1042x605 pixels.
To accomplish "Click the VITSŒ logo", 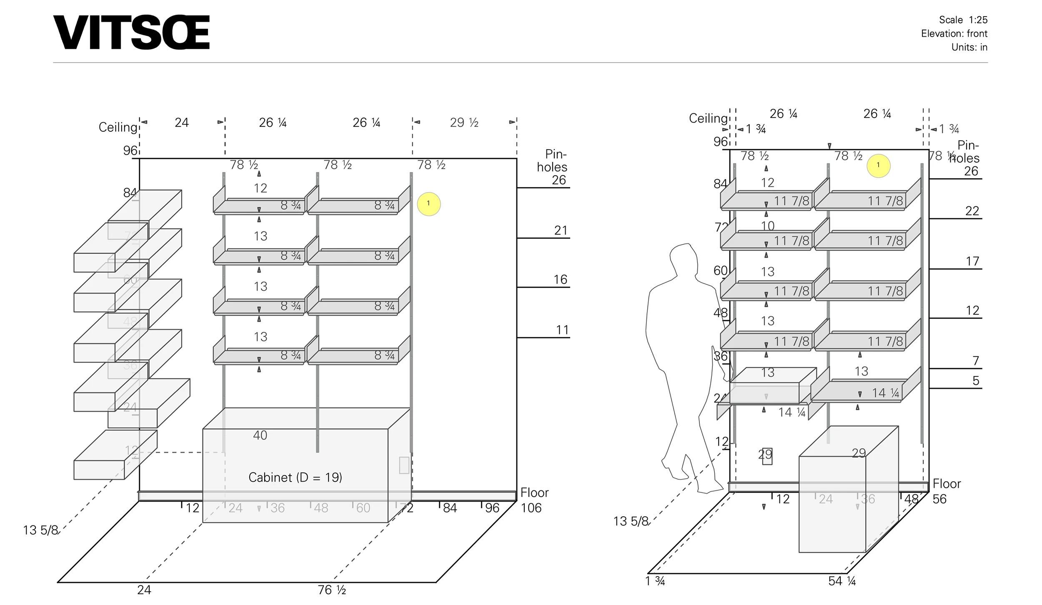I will [x=131, y=33].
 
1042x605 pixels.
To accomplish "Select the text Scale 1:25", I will [x=963, y=20].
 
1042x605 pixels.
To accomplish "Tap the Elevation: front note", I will [x=954, y=34].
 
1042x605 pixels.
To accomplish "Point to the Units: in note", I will [x=969, y=48].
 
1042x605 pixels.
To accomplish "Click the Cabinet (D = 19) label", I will [x=295, y=477].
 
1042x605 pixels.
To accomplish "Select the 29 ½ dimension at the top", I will [x=464, y=123].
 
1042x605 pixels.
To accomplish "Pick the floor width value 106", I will [x=531, y=508].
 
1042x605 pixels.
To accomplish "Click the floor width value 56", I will [x=939, y=499].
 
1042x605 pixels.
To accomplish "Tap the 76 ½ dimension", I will [x=332, y=590].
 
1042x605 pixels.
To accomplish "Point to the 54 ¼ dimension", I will [x=842, y=581].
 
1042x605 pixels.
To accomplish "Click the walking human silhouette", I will [x=684, y=367].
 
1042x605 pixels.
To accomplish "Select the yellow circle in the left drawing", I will [x=428, y=204].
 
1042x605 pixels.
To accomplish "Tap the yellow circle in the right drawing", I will [x=878, y=166].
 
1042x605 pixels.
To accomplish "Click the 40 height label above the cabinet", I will [x=260, y=435].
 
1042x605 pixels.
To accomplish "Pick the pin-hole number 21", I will [x=561, y=231].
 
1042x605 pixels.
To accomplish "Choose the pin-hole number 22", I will [x=972, y=211].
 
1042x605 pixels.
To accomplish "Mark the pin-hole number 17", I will [x=972, y=261].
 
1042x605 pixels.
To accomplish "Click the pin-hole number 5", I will [x=976, y=381].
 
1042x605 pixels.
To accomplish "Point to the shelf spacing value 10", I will [x=767, y=226].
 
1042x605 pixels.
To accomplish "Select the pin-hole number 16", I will [x=560, y=279].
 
